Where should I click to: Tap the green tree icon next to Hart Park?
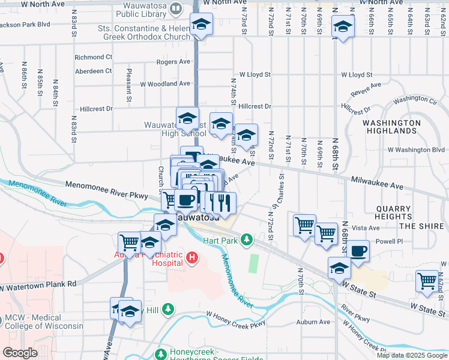246,241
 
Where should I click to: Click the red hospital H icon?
192,258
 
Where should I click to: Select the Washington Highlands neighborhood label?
391,127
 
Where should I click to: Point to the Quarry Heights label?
393,213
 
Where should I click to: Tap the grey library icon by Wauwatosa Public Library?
175,8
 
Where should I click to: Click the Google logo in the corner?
20,353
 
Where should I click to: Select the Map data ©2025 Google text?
412,355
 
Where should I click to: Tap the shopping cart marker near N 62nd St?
427,281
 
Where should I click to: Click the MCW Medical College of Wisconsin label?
44,322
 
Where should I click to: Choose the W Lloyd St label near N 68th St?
357,75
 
